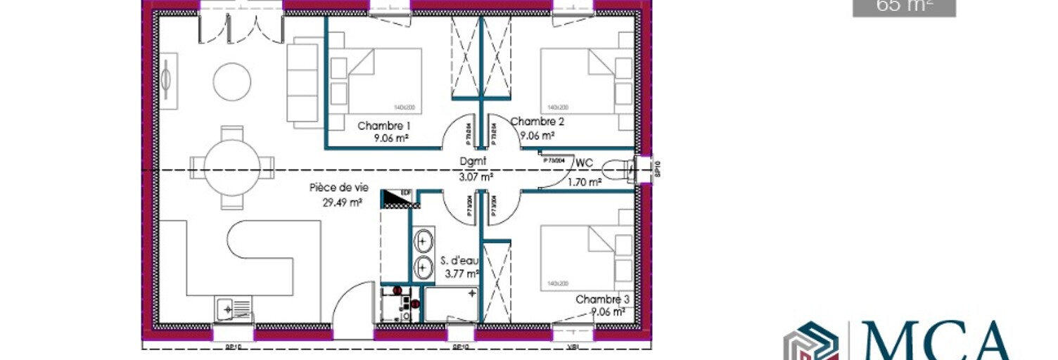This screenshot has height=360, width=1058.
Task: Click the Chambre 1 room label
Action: (x=384, y=126)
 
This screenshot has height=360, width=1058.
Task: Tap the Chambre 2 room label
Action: (x=537, y=121)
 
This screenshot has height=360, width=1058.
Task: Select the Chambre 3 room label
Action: (x=602, y=300)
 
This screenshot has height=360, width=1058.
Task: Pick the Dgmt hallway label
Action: (x=473, y=161)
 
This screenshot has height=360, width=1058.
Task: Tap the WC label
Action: (x=584, y=163)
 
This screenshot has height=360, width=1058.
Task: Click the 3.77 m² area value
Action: (x=462, y=274)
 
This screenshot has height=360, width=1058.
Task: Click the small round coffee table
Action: (x=231, y=82)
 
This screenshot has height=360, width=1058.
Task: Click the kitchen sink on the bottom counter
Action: (x=233, y=307)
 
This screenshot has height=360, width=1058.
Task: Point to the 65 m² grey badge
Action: (x=903, y=7)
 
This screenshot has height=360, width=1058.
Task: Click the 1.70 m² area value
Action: (x=584, y=183)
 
